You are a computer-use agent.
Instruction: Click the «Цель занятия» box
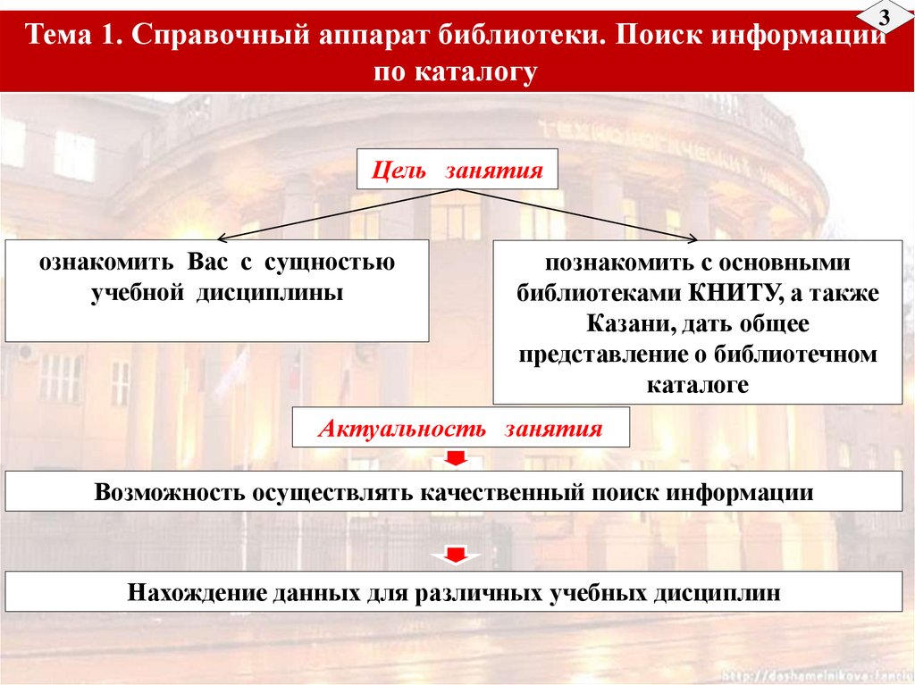click(457, 170)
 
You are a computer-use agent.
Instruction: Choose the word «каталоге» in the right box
click(697, 384)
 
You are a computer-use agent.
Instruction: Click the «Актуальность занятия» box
click(461, 428)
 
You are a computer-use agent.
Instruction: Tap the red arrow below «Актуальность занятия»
click(456, 459)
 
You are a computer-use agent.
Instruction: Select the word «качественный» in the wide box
click(510, 492)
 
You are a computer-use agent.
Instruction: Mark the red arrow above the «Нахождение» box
click(456, 556)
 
